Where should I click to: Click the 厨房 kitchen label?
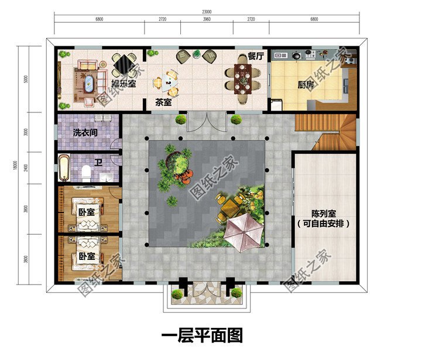point(306,85)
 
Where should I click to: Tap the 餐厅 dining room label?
point(256,57)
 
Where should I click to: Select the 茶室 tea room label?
point(163,102)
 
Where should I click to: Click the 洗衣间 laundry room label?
point(85,133)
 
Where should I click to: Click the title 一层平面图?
point(201,335)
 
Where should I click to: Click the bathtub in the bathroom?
point(64,167)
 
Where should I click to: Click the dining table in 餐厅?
point(242,79)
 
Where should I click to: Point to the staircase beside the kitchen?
point(325,130)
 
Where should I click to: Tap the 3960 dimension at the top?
point(206,20)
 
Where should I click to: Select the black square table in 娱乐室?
point(124,63)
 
